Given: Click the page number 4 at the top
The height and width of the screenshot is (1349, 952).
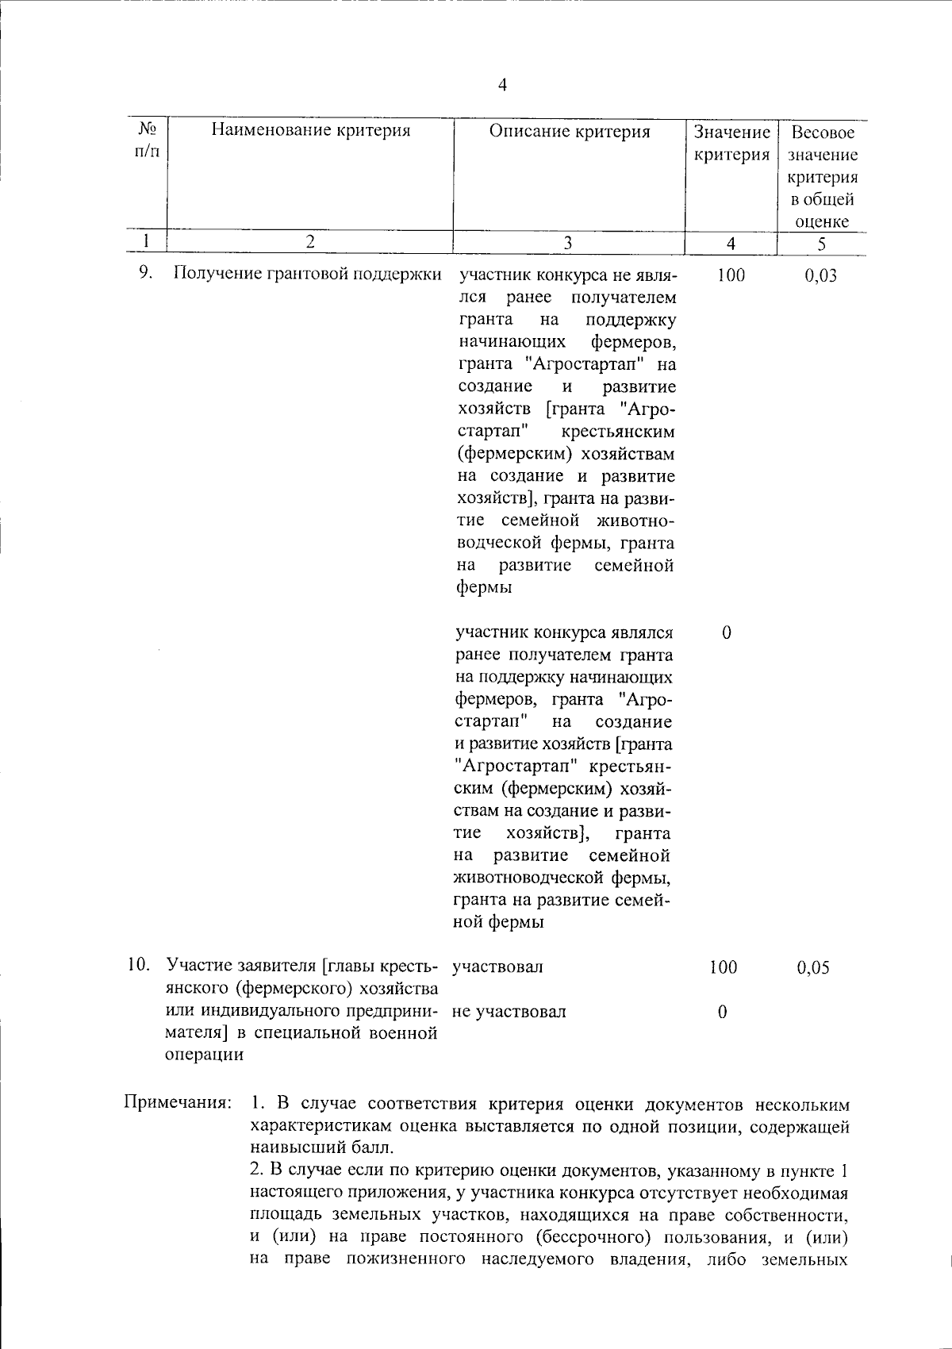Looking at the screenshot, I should point(502,86).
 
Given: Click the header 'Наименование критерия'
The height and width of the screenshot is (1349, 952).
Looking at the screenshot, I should point(310,131).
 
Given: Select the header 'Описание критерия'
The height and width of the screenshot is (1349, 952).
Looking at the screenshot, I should point(569,131).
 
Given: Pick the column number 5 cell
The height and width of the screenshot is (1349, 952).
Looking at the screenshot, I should point(821,244).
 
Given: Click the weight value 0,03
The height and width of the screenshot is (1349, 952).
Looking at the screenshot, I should point(820,276).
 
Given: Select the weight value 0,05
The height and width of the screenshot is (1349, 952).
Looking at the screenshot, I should point(813,967).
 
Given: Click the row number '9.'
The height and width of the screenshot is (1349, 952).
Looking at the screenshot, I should point(145,274).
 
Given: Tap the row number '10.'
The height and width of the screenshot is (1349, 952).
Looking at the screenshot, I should point(140,966).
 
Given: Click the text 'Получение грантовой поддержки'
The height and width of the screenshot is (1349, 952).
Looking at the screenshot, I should point(307,275).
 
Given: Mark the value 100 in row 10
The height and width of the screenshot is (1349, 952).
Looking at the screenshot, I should point(723,967).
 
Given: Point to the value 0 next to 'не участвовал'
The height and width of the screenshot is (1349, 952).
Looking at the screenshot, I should point(722,1012).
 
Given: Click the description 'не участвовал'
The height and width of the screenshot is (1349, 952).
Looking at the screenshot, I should point(509,1012).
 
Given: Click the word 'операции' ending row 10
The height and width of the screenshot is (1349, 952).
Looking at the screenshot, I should point(204,1055).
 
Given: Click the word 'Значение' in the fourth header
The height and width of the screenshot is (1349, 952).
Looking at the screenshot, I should point(731,132).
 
